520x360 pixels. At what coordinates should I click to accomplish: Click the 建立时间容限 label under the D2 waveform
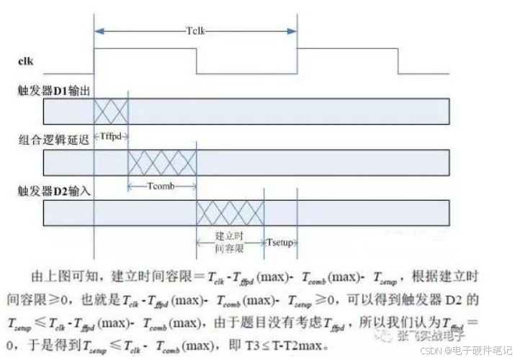tap(230, 241)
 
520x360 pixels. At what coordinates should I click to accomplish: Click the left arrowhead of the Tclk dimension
tap(99, 31)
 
